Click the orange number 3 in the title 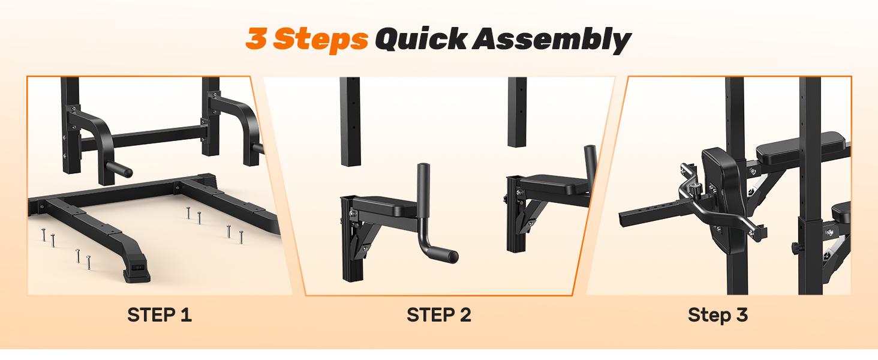coord(257,38)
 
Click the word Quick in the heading coord(421,38)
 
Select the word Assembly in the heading coord(552,40)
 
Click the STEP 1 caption coord(160,315)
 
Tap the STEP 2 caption coord(438,315)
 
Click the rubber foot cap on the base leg coord(136,274)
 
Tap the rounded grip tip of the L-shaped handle coord(452,256)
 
